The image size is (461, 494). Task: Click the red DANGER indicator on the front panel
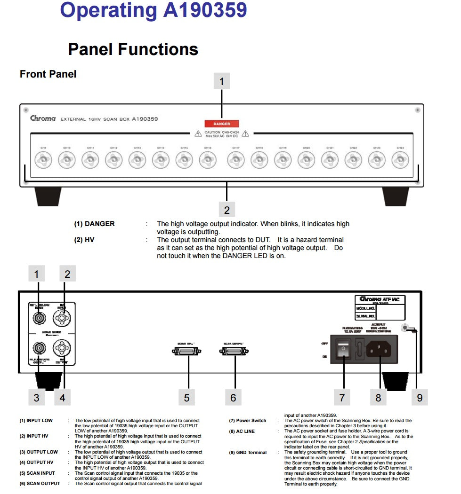tap(221, 124)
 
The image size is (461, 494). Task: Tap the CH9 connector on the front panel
tap(43, 161)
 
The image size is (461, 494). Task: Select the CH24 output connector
tap(400, 161)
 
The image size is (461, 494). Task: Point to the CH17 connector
tap(235, 161)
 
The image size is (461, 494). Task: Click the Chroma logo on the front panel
tap(43, 118)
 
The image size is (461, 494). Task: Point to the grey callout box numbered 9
tap(420, 398)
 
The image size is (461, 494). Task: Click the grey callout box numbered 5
tap(186, 398)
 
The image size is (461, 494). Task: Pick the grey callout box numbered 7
tap(342, 398)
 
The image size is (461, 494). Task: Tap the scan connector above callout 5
tap(188, 351)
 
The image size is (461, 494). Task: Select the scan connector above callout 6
tap(234, 351)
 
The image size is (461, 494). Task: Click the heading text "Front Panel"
tap(48, 74)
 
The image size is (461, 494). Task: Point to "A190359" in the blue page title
tap(205, 10)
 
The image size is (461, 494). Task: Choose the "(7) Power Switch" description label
tap(248, 421)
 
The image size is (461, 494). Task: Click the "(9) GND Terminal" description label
tap(248, 453)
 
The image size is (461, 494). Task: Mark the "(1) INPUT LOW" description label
tap(36, 421)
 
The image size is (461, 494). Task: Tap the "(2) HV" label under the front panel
tap(84, 240)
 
